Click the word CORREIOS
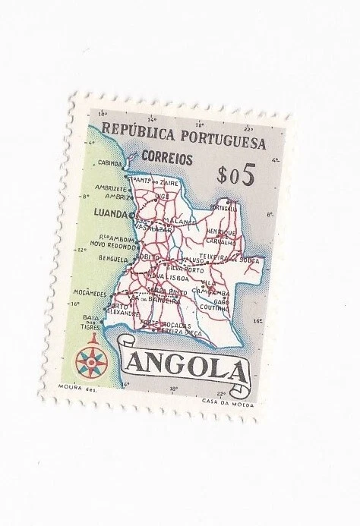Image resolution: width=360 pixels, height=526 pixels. tap(165, 159)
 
